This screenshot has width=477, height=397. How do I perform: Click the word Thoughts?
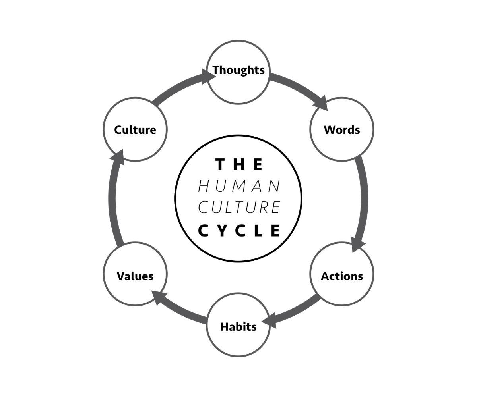tap(238, 70)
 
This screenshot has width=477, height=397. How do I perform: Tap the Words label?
tap(342, 130)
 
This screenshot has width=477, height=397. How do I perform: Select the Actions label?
tap(342, 276)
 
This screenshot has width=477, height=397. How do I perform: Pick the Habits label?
tap(238, 327)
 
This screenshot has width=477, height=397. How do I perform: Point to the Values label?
tap(135, 276)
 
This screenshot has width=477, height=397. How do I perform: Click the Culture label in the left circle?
tap(135, 130)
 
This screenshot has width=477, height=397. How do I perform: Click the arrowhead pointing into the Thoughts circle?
tap(207, 76)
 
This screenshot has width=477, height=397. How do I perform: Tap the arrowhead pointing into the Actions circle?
tap(357, 244)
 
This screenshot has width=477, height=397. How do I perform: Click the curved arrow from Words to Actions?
tap(364, 198)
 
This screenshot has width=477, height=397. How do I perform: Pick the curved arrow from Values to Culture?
tap(112, 198)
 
